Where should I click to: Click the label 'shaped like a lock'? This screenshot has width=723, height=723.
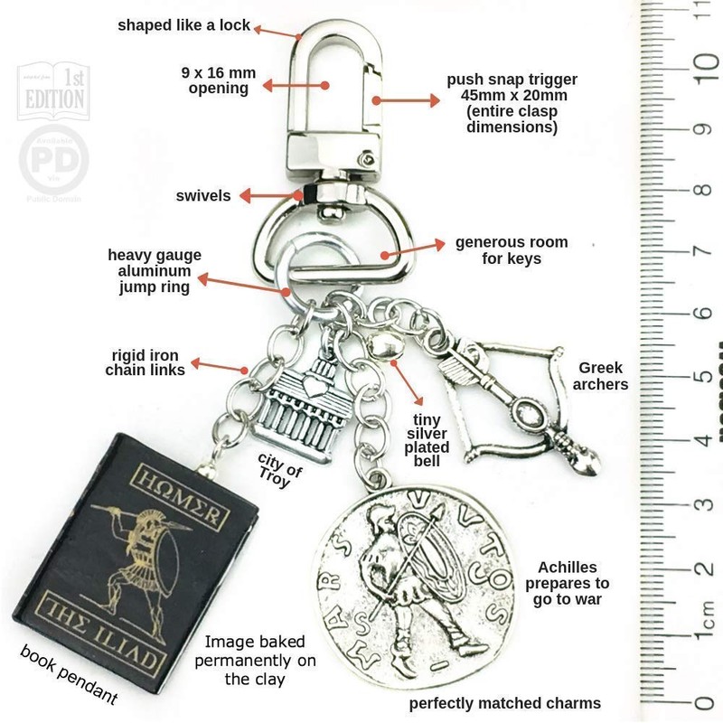(183, 25)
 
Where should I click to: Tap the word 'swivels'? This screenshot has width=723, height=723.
(205, 195)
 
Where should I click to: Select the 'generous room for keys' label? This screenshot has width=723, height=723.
(512, 250)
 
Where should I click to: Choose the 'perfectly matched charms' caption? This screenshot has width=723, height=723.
(505, 702)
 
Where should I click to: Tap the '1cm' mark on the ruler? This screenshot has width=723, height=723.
(700, 623)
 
